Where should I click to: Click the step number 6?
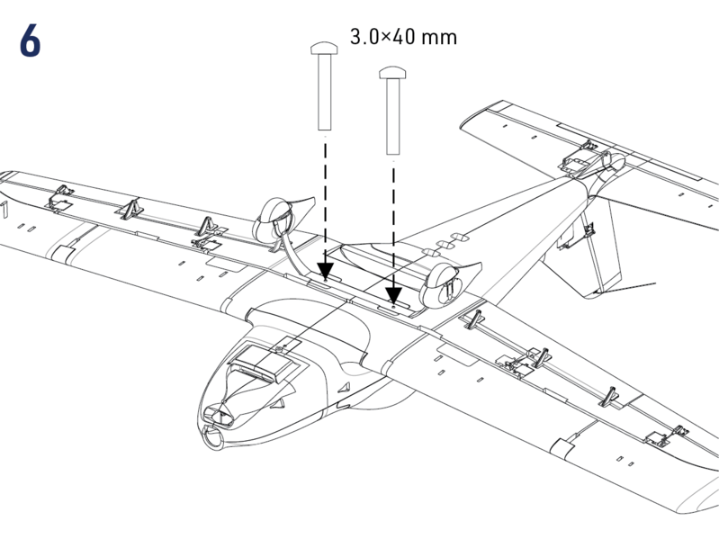pyautogui.click(x=29, y=42)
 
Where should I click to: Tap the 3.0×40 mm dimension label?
pyautogui.click(x=402, y=38)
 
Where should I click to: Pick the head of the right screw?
pyautogui.click(x=392, y=72)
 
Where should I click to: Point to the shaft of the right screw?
pyautogui.click(x=392, y=117)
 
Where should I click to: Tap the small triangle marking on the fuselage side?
pyautogui.click(x=342, y=386)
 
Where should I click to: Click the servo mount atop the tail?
pyautogui.click(x=580, y=162)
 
